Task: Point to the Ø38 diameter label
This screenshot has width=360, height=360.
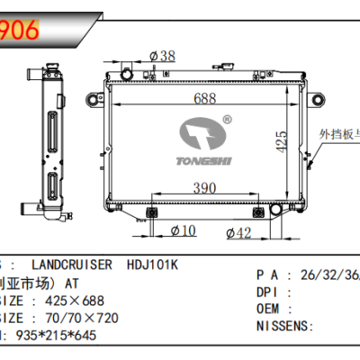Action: [162, 56]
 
